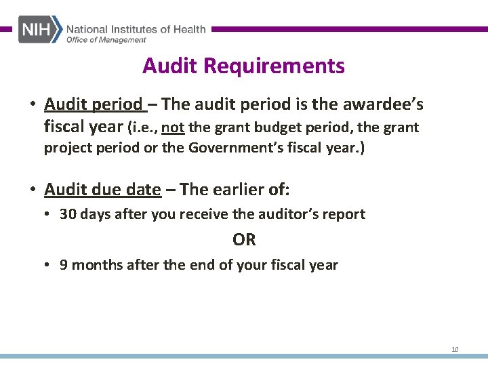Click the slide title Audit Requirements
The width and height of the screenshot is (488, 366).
point(243,66)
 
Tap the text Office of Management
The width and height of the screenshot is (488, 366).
point(106,40)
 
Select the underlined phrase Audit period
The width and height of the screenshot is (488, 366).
point(94,104)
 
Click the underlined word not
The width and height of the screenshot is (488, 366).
point(174,127)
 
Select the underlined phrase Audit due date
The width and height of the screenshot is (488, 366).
point(102,189)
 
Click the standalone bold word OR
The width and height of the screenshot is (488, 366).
point(244,239)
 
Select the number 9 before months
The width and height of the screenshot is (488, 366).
point(64,265)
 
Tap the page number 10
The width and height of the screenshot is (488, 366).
point(455,350)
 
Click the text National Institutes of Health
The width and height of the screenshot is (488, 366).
point(136,29)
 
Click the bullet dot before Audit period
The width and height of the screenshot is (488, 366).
point(33,105)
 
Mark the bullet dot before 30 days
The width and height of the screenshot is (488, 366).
point(48,215)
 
